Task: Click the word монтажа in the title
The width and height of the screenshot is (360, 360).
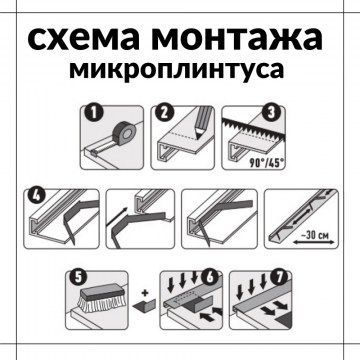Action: pos(237,38)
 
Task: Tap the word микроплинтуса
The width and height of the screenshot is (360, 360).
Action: pos(177,69)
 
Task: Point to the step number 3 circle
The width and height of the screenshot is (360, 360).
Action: pos(270,113)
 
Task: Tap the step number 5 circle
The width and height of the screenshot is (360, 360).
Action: pos(78,278)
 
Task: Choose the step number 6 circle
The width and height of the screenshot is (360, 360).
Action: pos(209,278)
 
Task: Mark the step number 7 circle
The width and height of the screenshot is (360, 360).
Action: pos(279,278)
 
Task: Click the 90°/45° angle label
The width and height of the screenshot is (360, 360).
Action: pos(267,164)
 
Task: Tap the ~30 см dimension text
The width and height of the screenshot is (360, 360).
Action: pos(314,236)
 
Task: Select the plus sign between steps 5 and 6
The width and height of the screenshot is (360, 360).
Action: pos(144,293)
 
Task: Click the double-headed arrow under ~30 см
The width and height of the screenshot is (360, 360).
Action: pos(314,243)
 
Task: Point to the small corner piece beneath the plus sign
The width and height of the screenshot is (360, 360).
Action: pos(145,304)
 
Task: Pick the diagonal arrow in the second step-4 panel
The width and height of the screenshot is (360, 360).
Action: pos(116,217)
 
